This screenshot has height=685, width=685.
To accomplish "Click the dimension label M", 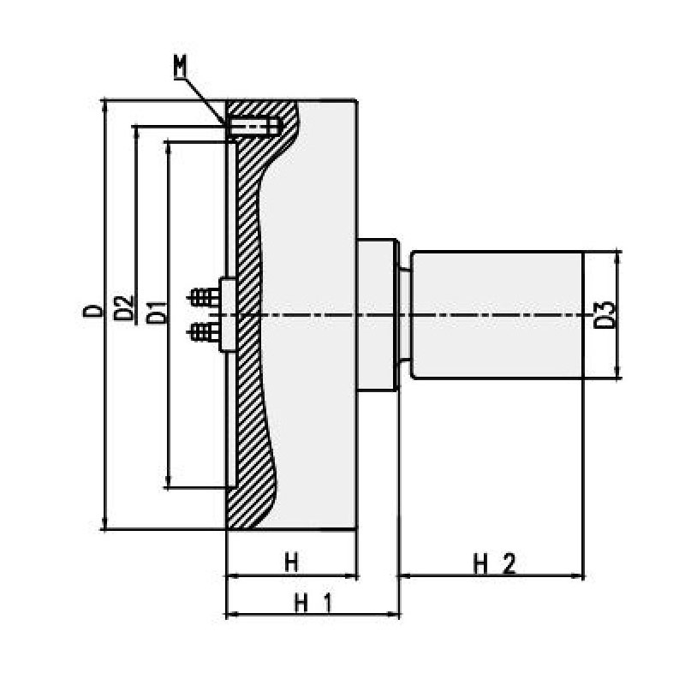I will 180,65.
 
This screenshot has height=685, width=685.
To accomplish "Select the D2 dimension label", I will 125,307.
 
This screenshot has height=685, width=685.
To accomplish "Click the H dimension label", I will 291,563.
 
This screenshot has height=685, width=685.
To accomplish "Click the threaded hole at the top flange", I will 255,127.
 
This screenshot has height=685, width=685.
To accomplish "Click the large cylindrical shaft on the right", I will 497,314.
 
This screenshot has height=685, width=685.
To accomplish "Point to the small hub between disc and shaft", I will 377,314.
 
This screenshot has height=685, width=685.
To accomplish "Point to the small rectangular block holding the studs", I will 228,314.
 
